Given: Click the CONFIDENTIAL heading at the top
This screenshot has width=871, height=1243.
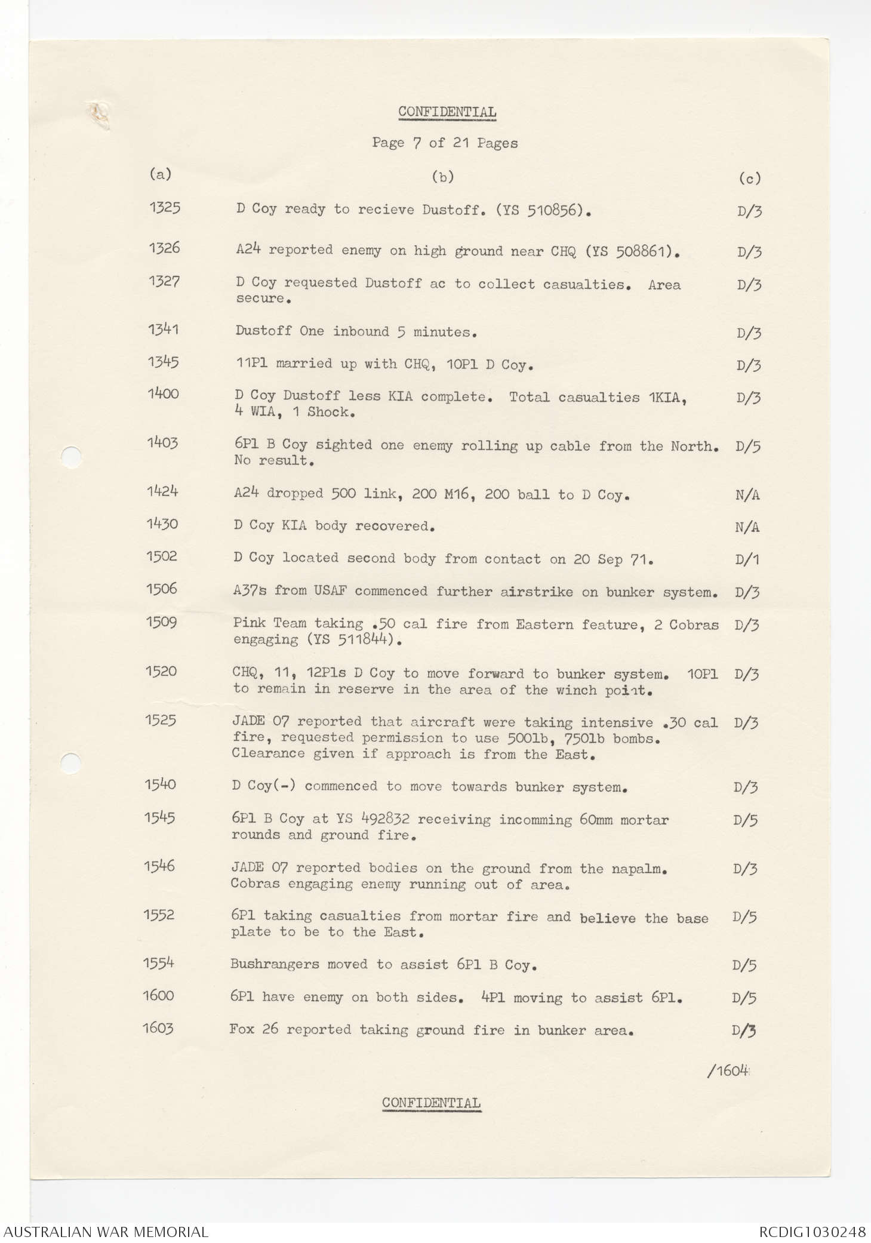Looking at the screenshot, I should [447, 112].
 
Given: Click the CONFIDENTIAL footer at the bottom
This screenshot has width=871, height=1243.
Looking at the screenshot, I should [431, 1103].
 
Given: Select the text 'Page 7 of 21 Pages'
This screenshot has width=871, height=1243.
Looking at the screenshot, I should [445, 143].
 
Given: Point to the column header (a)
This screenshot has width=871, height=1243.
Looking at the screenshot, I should [160, 174].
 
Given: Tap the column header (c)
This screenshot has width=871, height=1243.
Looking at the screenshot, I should [749, 178].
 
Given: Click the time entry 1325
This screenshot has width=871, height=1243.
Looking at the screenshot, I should [165, 208].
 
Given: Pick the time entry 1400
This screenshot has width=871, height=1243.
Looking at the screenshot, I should [163, 393].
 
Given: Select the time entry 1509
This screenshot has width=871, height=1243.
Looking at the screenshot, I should [162, 622].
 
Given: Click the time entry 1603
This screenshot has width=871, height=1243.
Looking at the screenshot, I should [158, 1028].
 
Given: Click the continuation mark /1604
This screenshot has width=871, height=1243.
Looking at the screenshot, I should [728, 1070].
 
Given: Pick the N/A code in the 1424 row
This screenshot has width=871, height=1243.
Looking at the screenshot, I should [747, 495].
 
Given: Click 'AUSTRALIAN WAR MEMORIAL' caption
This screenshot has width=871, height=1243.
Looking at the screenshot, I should [104, 1232].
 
